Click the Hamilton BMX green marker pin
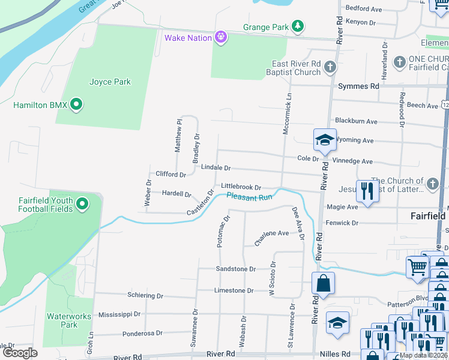tap(76, 105)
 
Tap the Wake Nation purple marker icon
tap(221, 38)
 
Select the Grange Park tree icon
tap(297, 26)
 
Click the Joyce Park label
tap(110, 82)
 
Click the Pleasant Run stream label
tap(249, 196)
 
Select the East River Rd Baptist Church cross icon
tap(330, 68)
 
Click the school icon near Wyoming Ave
tap(324, 140)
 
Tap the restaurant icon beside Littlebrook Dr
tap(366, 191)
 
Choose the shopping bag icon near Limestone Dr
tap(323, 283)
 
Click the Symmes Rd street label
tap(358, 86)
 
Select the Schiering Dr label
tap(145, 296)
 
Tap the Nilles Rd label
tap(338, 355)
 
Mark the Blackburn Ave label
tap(356, 121)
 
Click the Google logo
tap(20, 353)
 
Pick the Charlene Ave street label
tap(271, 237)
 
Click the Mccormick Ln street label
tap(288, 112)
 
